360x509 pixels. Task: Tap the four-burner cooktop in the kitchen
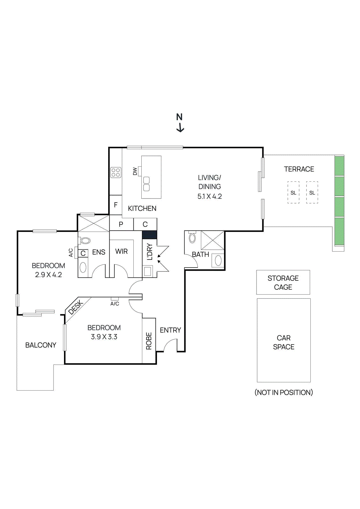click(116, 172)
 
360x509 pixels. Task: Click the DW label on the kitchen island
click(135, 171)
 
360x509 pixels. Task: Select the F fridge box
click(116, 205)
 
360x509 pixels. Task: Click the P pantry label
click(121, 224)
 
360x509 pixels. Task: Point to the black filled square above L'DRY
click(149, 235)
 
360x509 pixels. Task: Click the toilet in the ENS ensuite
click(85, 241)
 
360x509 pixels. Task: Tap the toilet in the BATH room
click(192, 238)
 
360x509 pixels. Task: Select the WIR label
click(121, 251)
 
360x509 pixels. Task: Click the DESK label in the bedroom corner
click(76, 307)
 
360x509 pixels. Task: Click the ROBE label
click(149, 341)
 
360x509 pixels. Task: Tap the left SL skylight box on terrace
click(293, 192)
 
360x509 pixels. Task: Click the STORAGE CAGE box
click(283, 282)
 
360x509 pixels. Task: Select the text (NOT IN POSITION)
click(284, 392)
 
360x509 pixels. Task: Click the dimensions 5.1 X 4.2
click(209, 196)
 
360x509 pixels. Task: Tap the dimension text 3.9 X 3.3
click(104, 337)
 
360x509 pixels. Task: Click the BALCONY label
click(41, 345)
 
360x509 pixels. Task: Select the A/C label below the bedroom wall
click(115, 304)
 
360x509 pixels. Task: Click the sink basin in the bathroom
click(218, 261)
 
